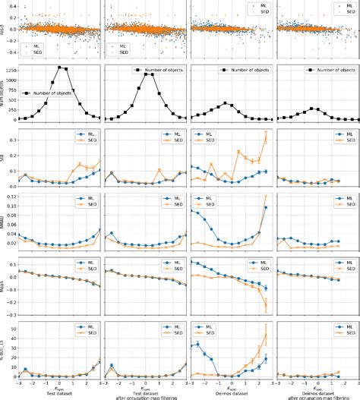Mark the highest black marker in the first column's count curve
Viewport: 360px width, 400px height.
tap(60, 68)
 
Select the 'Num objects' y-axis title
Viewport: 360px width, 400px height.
tap(4, 94)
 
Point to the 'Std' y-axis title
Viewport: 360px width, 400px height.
tap(4, 159)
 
